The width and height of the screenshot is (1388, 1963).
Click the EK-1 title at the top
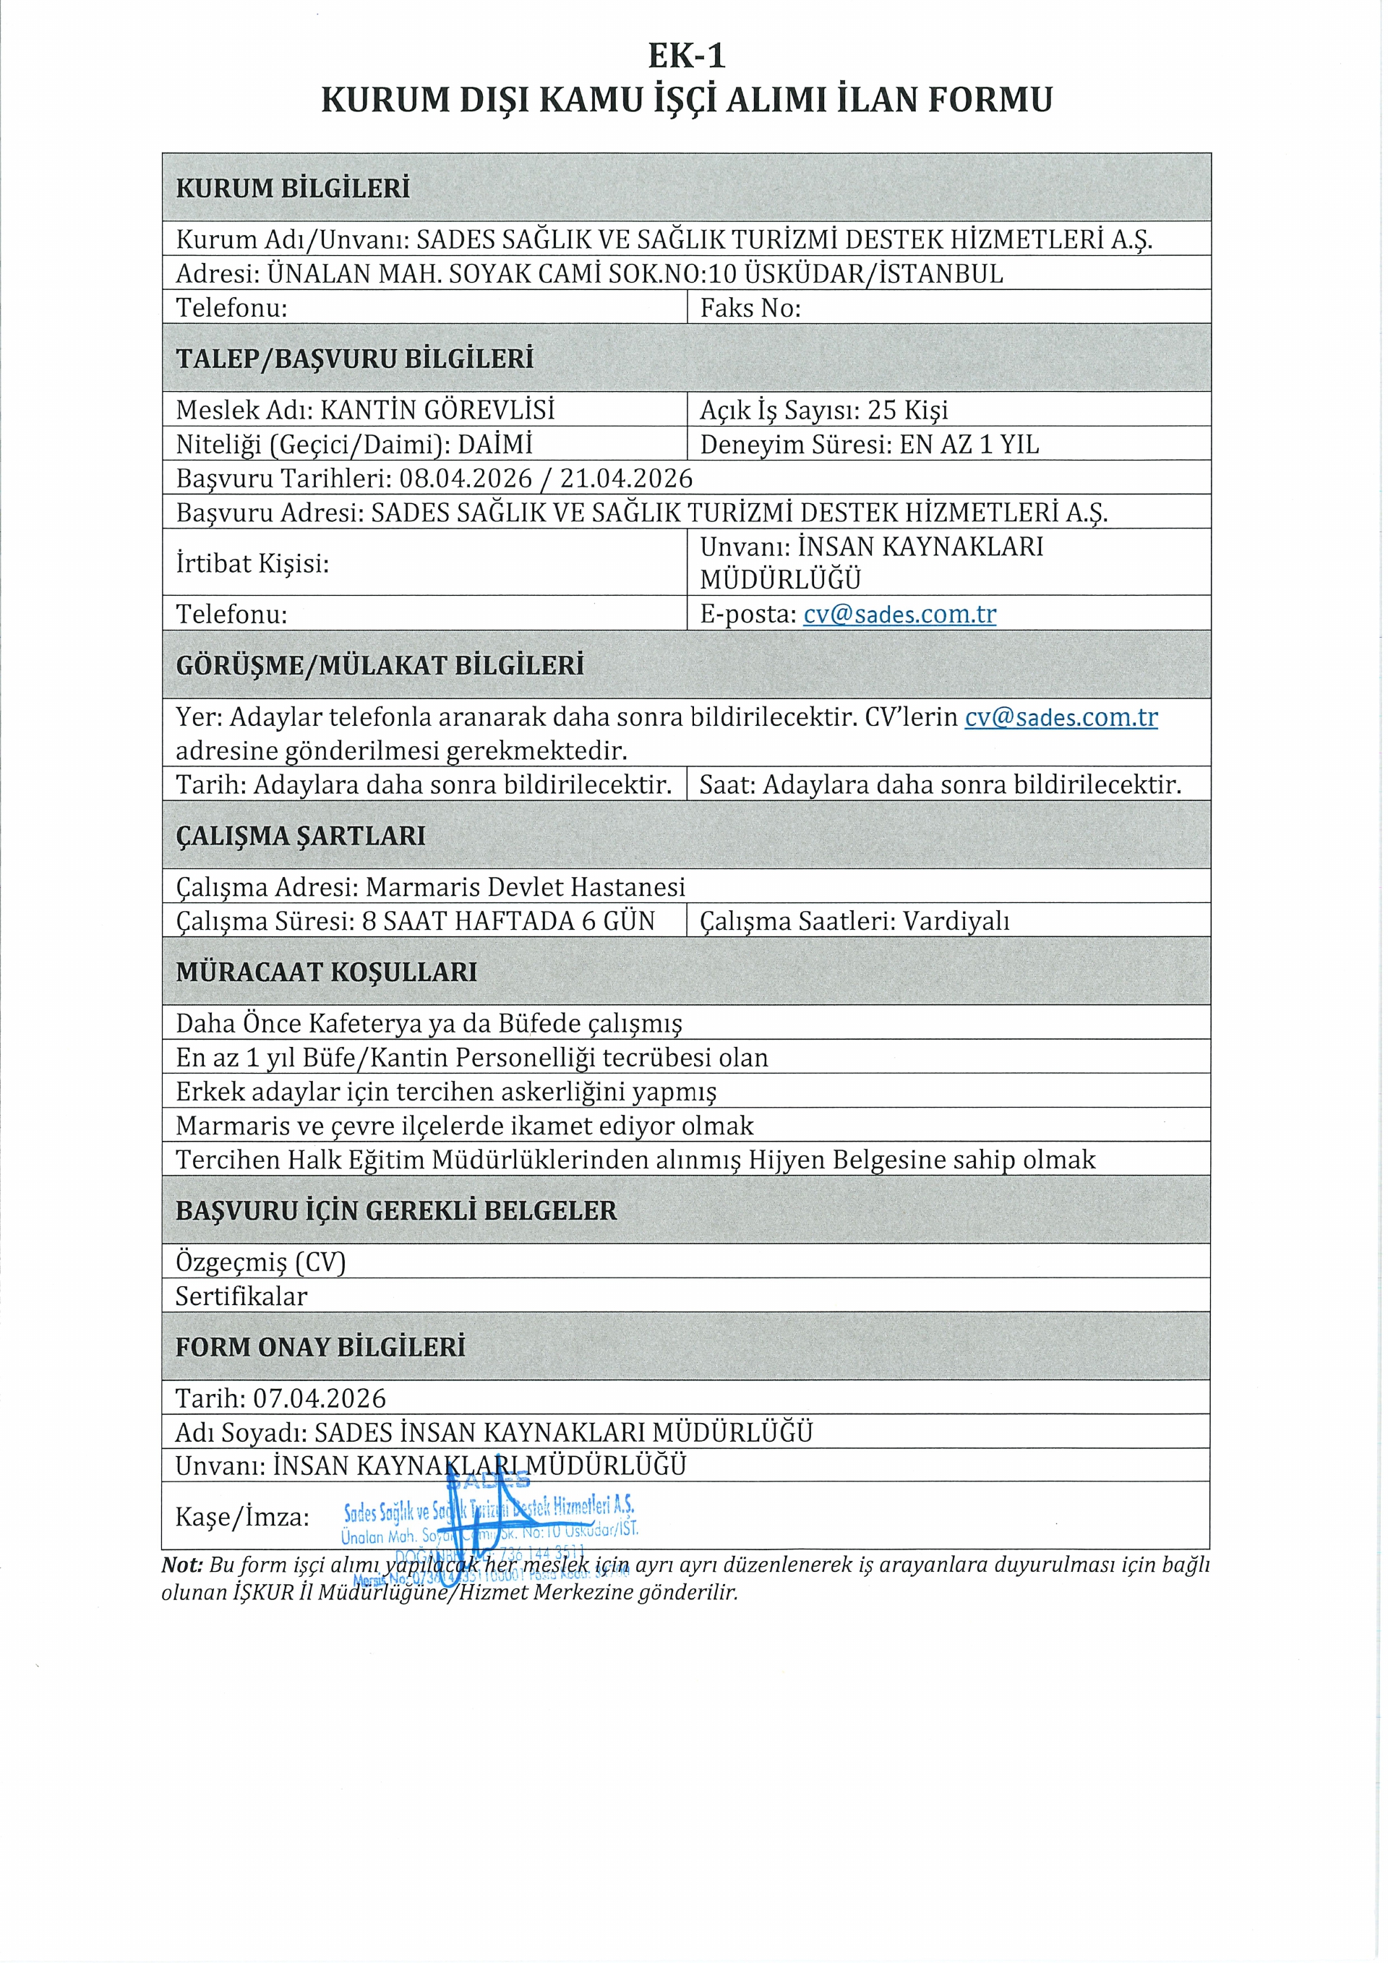pos(686,56)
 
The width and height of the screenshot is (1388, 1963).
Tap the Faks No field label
pos(750,308)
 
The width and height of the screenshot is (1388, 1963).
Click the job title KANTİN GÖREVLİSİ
pos(437,411)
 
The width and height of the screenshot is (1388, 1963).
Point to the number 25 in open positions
pos(882,411)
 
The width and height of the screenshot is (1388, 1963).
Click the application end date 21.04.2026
pos(627,479)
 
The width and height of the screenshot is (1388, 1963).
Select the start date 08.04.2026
pos(466,479)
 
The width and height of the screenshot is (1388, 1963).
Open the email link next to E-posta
pos(899,614)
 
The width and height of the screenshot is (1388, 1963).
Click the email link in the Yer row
pos(1061,717)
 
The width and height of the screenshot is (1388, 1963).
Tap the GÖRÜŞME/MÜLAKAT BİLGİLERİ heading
pos(380,665)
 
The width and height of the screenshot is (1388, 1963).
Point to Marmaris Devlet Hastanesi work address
pos(525,887)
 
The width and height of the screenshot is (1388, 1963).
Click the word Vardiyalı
pos(956,922)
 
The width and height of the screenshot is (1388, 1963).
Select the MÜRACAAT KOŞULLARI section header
pos(327,972)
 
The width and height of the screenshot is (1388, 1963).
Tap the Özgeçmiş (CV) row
pos(261,1262)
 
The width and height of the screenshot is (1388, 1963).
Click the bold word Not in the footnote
pos(182,1565)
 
